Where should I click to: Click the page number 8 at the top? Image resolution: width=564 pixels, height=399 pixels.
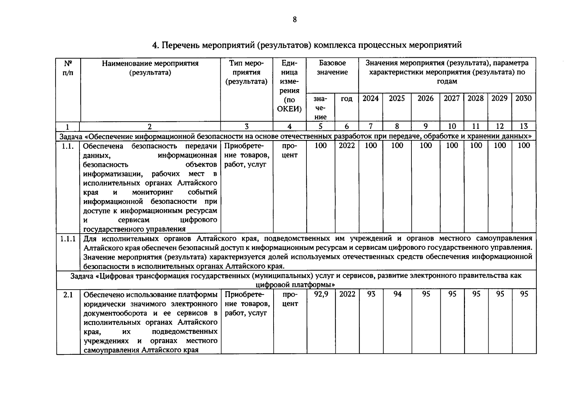point(294,20)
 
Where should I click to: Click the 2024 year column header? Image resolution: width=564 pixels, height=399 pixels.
point(371,98)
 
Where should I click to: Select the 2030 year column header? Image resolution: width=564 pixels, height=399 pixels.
point(523,98)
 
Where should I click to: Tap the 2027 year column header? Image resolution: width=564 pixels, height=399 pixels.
point(452,98)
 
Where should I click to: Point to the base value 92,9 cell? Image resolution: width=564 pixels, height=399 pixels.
point(321,294)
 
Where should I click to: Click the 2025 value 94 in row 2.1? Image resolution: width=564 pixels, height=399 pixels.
point(397,294)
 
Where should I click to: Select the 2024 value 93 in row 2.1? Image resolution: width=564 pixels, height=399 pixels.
point(371,294)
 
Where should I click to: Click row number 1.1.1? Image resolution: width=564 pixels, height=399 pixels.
point(68,239)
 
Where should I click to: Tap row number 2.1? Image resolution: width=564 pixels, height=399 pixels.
point(68,295)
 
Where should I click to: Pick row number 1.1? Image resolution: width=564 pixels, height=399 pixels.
point(67,146)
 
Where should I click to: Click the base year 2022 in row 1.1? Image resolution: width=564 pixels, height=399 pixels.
point(347,146)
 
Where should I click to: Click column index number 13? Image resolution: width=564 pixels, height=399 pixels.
point(523,126)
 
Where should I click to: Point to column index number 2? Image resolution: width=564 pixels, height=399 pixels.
point(150,126)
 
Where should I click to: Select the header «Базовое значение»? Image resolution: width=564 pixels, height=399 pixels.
point(332,67)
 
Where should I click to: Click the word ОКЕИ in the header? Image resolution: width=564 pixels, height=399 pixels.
point(289,109)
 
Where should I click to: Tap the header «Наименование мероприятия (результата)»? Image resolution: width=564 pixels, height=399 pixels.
point(150,67)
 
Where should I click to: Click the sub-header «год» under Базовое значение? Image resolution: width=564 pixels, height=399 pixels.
point(347,99)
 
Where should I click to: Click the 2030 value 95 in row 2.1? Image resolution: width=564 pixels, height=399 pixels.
point(524,294)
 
